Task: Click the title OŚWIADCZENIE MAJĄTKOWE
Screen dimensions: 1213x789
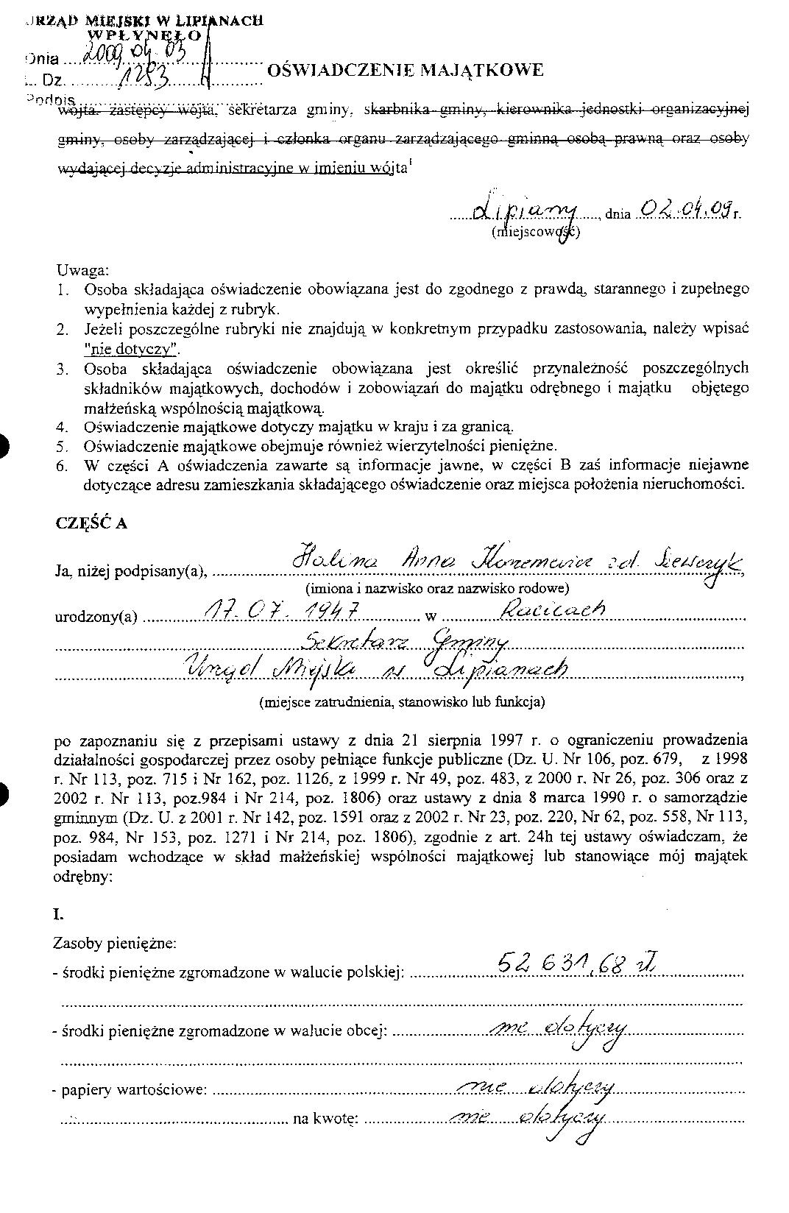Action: pos(405,71)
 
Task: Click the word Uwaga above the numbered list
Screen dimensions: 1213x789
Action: pos(82,270)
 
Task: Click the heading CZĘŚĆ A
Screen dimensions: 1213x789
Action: pos(91,523)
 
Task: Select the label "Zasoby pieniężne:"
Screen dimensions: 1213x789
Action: pos(114,943)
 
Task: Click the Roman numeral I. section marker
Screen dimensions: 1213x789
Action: pos(59,915)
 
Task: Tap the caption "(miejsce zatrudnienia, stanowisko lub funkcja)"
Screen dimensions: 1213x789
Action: pos(401,702)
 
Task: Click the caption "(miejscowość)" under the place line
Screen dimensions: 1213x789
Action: pos(535,233)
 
